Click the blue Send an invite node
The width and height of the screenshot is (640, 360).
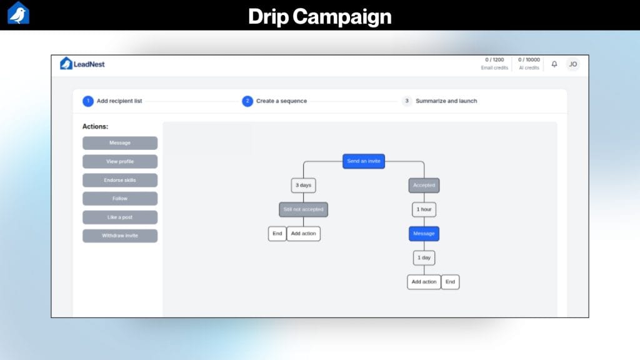coord(363,161)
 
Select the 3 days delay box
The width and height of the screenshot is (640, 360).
coord(303,186)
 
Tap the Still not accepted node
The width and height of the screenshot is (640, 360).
coord(303,209)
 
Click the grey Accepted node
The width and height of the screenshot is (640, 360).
coord(424,186)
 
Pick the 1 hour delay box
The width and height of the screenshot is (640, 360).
coord(424,209)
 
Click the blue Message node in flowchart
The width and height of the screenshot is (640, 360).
coord(424,234)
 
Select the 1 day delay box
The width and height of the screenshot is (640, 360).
coord(424,257)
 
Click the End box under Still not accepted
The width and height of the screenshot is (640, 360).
coord(277,234)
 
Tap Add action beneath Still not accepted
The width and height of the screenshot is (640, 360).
coord(304,234)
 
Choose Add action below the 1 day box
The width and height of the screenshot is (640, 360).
coord(424,282)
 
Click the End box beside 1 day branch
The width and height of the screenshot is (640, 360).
coord(450,282)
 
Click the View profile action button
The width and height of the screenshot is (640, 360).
coord(120,162)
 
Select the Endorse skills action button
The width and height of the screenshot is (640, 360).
coord(120,180)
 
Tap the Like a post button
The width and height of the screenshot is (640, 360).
coord(120,217)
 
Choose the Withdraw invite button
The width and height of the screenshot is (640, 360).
coord(120,236)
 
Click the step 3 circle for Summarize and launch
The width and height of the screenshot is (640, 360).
coord(407,101)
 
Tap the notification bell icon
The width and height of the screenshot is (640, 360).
coord(554,64)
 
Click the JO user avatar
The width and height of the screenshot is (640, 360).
coord(572,64)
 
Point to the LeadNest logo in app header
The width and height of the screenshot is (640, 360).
coord(82,64)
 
